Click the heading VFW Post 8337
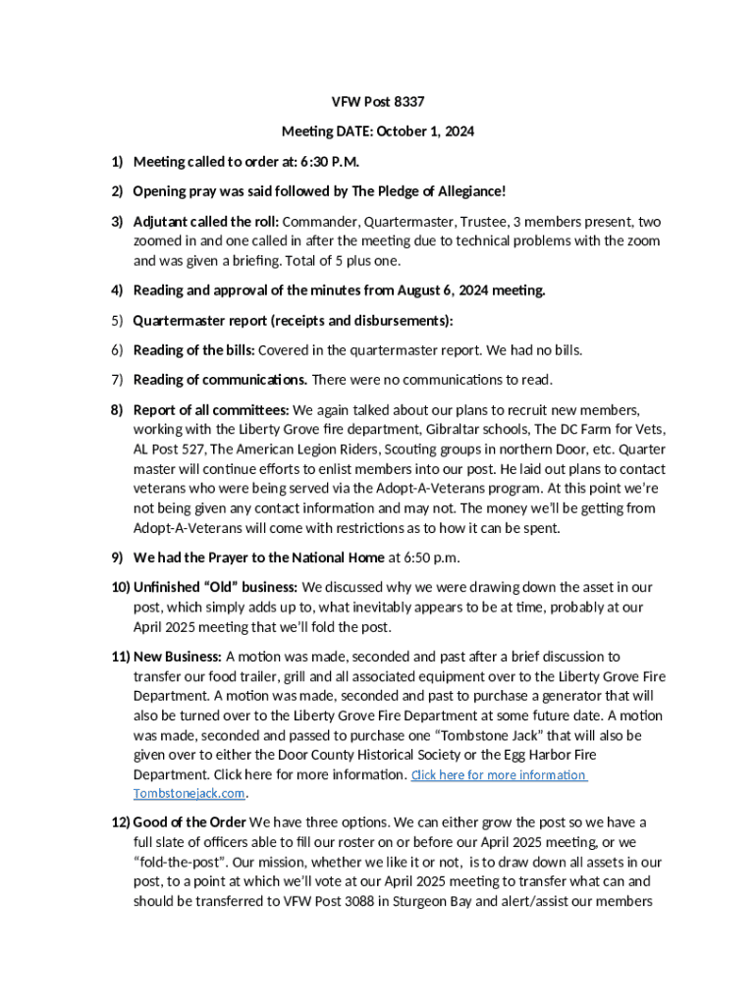point(377,102)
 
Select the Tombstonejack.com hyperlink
point(189,793)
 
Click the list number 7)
point(116,379)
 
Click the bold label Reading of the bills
point(193,349)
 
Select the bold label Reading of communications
point(220,379)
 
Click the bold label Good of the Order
point(189,821)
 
